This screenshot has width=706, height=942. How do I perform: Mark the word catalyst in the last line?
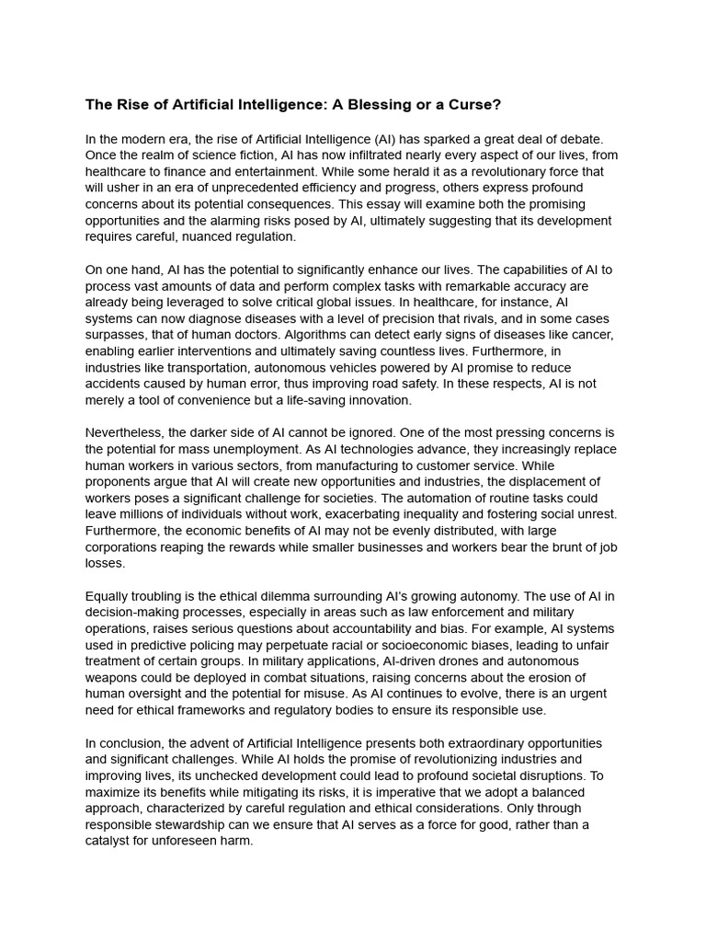tap(109, 841)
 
